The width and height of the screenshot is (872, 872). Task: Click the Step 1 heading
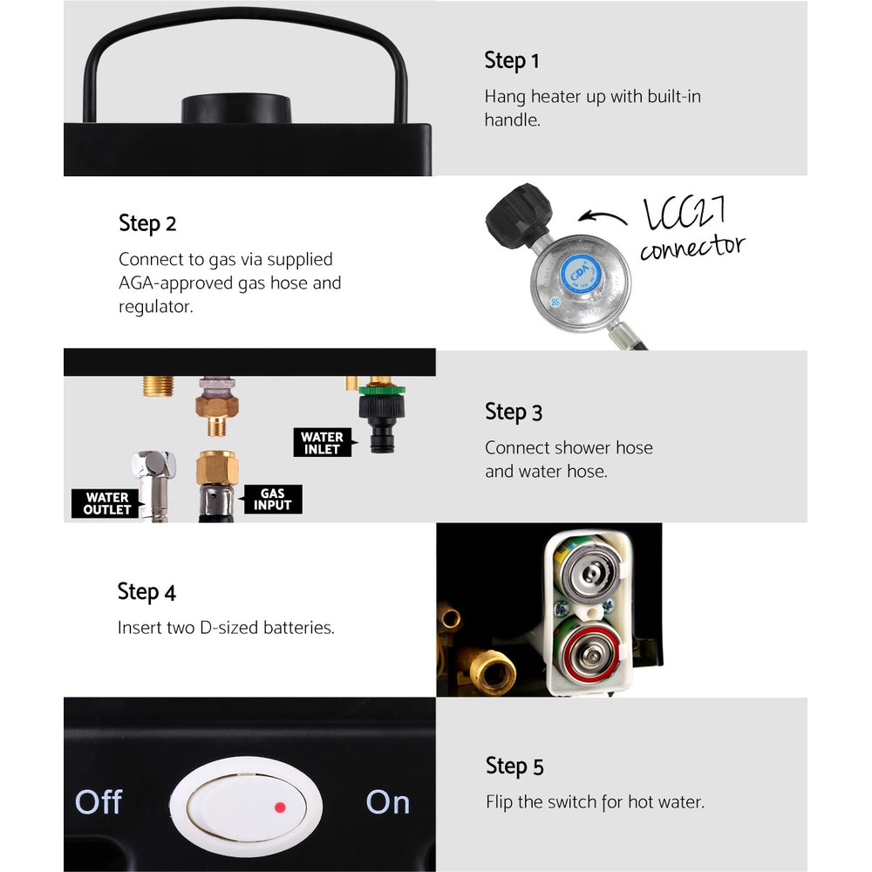tap(512, 61)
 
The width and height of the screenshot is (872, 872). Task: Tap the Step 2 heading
tap(147, 223)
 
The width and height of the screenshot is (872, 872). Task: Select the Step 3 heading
tap(513, 412)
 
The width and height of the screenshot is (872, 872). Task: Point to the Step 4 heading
tap(146, 592)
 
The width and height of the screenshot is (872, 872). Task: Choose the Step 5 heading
tap(514, 766)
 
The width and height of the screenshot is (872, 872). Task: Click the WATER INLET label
tap(322, 443)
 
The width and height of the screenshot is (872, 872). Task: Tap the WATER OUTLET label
tap(106, 503)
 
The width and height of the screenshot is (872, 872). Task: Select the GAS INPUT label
tap(271, 500)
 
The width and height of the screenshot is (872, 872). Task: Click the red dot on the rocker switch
tap(280, 807)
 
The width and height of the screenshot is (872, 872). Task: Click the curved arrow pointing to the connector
tap(603, 217)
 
